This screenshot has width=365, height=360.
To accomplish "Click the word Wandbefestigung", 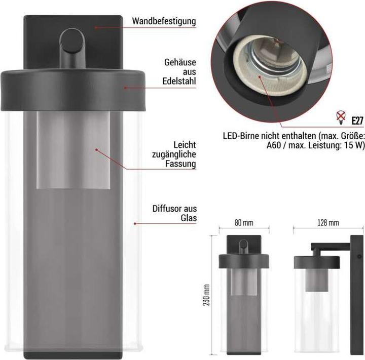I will click(x=164, y=21).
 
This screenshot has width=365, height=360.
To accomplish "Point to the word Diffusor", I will click(x=167, y=209).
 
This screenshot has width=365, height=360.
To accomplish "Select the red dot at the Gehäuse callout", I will click(x=126, y=87).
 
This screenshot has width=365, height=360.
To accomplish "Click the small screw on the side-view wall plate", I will click(x=358, y=258).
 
